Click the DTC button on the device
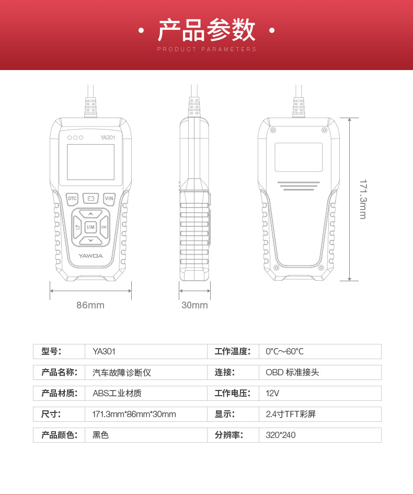click(72, 198)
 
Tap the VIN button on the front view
click(109, 198)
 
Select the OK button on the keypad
click(104, 227)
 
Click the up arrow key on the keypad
click(90, 214)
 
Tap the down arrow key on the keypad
click(90, 240)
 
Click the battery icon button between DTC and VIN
click(90, 198)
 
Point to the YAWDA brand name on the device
click(90, 256)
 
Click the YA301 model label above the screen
click(107, 137)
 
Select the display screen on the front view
click(90, 162)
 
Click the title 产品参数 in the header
click(206, 30)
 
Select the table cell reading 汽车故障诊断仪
click(122, 372)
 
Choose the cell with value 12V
click(272, 393)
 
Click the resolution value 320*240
click(281, 435)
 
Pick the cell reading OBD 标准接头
click(292, 372)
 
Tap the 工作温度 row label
click(233, 351)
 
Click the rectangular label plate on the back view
click(299, 157)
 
